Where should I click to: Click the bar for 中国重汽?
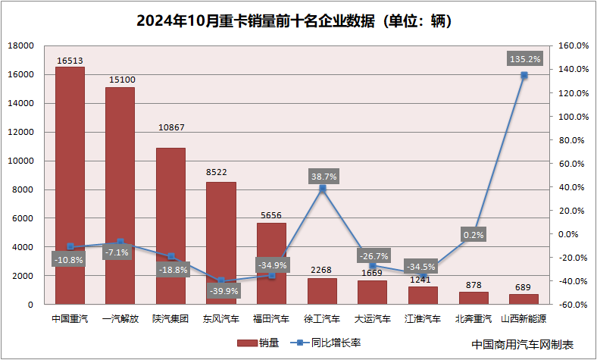pyautogui.click(x=70, y=186)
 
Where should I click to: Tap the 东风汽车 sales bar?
pyautogui.click(x=221, y=243)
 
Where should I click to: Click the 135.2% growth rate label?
pyautogui.click(x=524, y=58)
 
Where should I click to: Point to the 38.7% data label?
pyautogui.click(x=324, y=176)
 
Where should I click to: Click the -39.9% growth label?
pyautogui.click(x=220, y=290)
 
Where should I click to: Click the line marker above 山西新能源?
pyautogui.click(x=524, y=75)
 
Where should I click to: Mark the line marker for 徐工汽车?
pyautogui.click(x=322, y=189)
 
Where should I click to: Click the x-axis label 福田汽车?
pyautogui.click(x=271, y=319)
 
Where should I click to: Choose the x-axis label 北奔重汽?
pyautogui.click(x=474, y=319)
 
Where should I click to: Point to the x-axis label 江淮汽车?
pyautogui.click(x=423, y=319)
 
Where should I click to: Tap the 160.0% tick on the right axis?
pyautogui.click(x=574, y=45)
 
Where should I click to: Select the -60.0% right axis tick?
pyautogui.click(x=574, y=305)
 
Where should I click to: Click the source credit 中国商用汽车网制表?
pyautogui.click(x=523, y=344)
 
